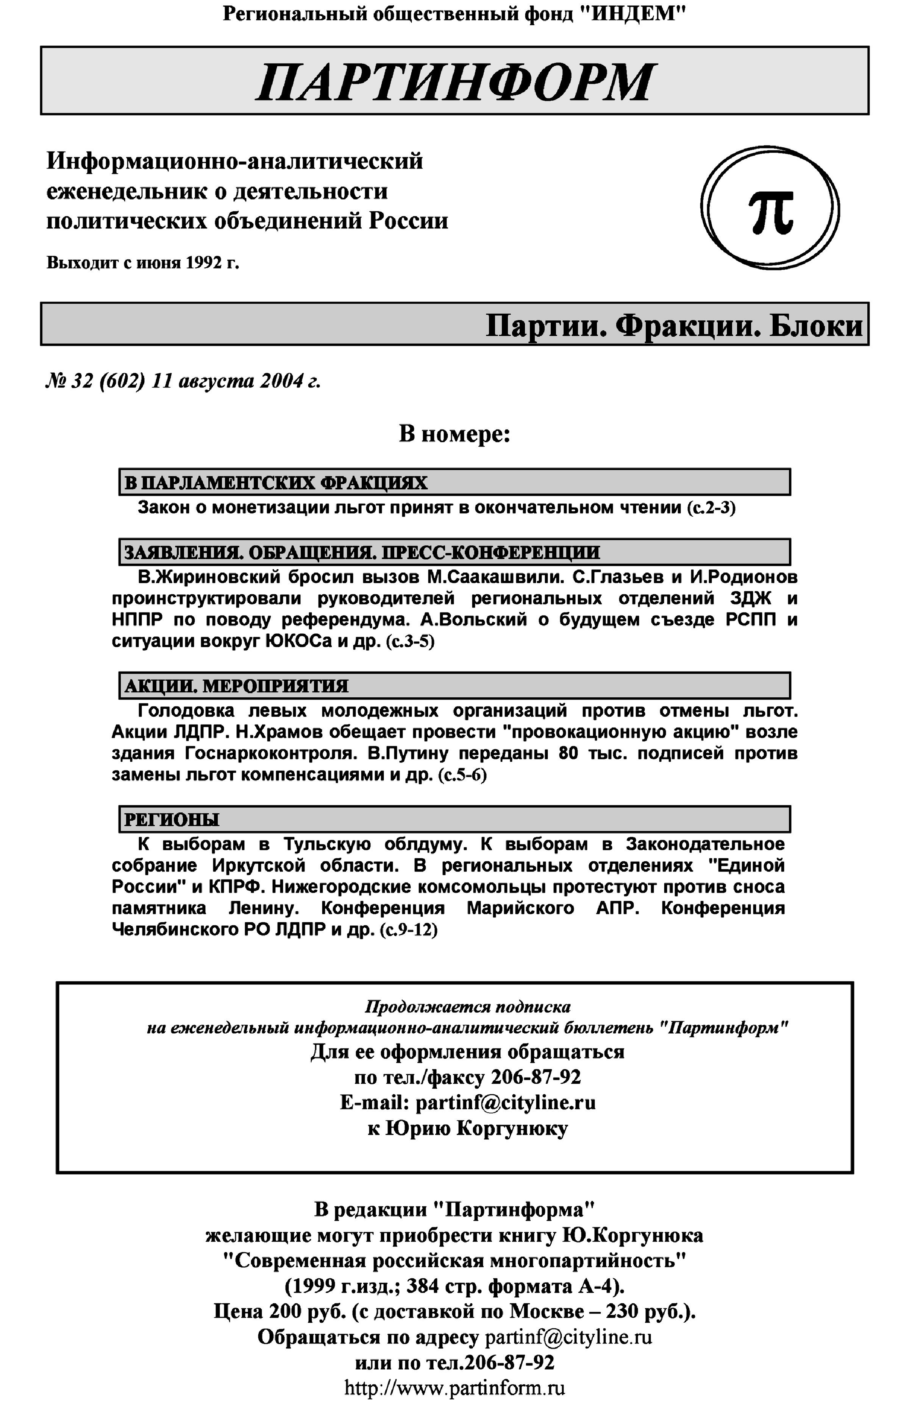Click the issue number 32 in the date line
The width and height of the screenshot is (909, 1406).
[x=81, y=381]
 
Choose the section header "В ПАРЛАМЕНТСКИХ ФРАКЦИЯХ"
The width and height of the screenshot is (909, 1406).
[x=276, y=483]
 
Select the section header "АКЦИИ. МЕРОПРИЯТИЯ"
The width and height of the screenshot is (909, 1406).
[x=236, y=686]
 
